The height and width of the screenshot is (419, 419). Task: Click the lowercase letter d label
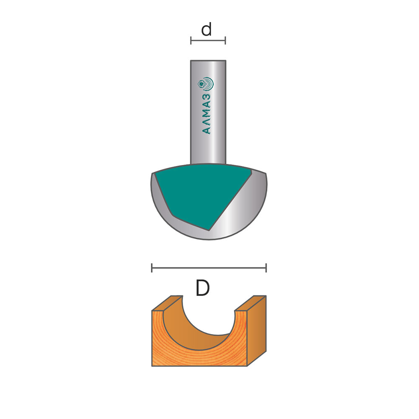click(x=206, y=29)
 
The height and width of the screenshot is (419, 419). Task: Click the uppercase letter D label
click(x=203, y=288)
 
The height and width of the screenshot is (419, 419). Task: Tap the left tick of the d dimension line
click(x=191, y=41)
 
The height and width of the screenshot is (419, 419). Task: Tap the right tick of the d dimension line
click(x=225, y=41)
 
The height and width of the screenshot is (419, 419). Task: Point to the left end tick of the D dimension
click(x=152, y=268)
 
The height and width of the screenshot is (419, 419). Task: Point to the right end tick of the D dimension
click(x=266, y=268)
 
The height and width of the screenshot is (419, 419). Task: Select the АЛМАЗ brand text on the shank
click(x=206, y=113)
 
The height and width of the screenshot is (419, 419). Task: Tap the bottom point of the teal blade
click(x=209, y=230)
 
